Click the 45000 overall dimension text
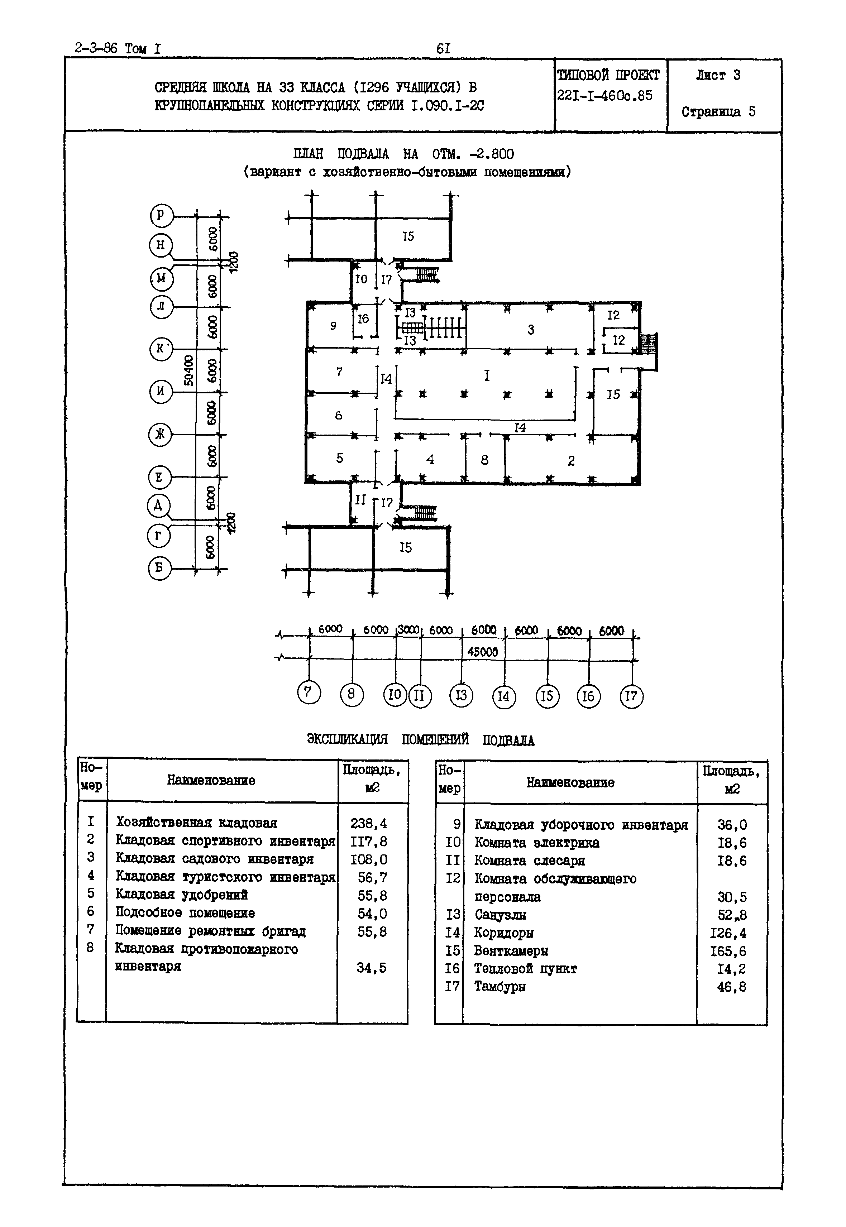(482, 652)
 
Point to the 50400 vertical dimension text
(188, 371)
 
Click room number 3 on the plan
(531, 330)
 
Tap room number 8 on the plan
(484, 460)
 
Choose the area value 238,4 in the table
(368, 823)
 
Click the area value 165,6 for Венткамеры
(728, 951)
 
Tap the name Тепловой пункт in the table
(525, 969)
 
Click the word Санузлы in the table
(500, 915)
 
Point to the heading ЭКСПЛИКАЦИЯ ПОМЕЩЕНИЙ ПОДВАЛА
(420, 739)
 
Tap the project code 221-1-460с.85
(604, 96)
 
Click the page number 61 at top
(443, 49)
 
